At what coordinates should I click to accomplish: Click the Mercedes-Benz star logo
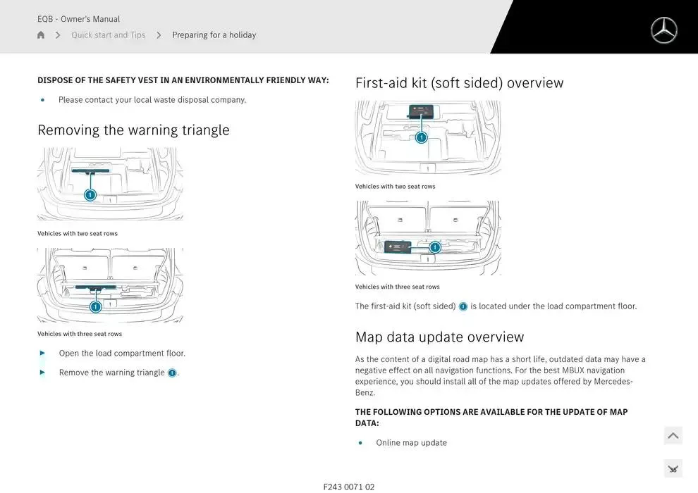(663, 30)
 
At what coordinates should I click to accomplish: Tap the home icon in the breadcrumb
(41, 35)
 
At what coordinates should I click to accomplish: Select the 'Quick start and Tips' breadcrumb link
(108, 35)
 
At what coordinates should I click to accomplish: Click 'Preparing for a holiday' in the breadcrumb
(214, 35)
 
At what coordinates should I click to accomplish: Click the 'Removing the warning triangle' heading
(133, 130)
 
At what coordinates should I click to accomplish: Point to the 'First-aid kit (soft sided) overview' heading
(459, 83)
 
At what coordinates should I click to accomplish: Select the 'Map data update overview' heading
(439, 337)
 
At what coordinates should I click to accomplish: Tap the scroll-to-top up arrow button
(673, 436)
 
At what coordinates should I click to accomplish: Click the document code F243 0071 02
(349, 487)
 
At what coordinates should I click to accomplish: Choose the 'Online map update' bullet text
(411, 443)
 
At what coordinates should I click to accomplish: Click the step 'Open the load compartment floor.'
(122, 354)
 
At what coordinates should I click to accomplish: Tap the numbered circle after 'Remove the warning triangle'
(172, 373)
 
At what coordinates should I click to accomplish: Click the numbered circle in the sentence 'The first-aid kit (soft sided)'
(463, 306)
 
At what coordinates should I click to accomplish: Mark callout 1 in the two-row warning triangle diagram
(90, 195)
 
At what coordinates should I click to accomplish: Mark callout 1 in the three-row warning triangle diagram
(96, 306)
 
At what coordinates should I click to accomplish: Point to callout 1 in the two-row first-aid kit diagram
(421, 137)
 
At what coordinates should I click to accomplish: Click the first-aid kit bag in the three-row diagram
(398, 247)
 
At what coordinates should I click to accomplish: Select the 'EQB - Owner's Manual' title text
(78, 19)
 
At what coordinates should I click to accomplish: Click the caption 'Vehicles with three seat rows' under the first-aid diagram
(397, 287)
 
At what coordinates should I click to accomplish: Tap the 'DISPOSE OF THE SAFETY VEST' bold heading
(183, 80)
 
